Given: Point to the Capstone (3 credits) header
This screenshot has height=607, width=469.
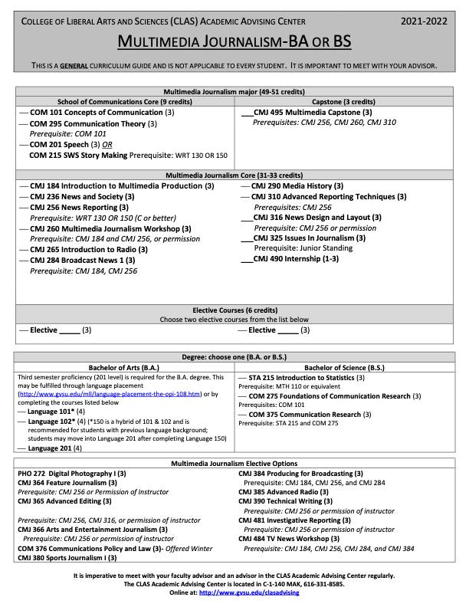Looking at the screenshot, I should tap(343, 102).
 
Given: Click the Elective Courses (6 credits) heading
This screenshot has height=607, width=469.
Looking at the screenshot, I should tap(235, 310).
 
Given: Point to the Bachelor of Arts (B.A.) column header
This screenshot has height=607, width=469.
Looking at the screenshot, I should tap(124, 367).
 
